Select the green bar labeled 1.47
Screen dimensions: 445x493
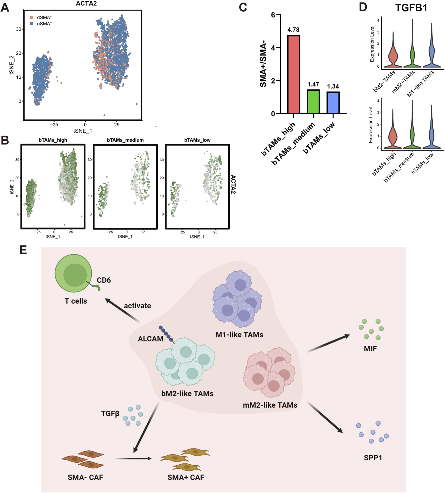point(313,102)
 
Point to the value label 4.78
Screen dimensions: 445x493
point(293,30)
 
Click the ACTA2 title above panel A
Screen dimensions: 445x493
point(86,4)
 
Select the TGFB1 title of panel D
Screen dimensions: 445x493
point(411,8)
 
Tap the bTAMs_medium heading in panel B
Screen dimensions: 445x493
point(125,140)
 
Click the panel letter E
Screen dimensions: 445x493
point(23,250)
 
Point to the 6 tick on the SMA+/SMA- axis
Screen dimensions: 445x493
point(273,15)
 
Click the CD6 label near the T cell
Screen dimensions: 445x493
point(104,280)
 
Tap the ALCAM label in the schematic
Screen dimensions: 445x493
point(150,339)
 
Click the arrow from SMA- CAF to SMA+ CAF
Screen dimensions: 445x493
point(133,459)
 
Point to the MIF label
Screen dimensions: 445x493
point(370,349)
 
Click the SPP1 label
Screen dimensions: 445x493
point(373,458)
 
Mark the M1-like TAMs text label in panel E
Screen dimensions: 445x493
point(239,335)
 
